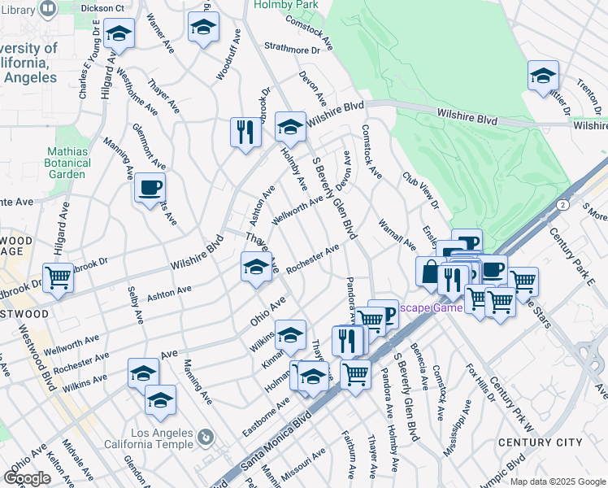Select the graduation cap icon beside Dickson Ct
[x=119, y=33]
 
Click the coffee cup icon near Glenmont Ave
[x=150, y=187]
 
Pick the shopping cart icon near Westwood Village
[x=59, y=277]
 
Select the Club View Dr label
[x=420, y=190]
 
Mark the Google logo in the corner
[x=28, y=477]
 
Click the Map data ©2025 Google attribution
[x=558, y=481]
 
